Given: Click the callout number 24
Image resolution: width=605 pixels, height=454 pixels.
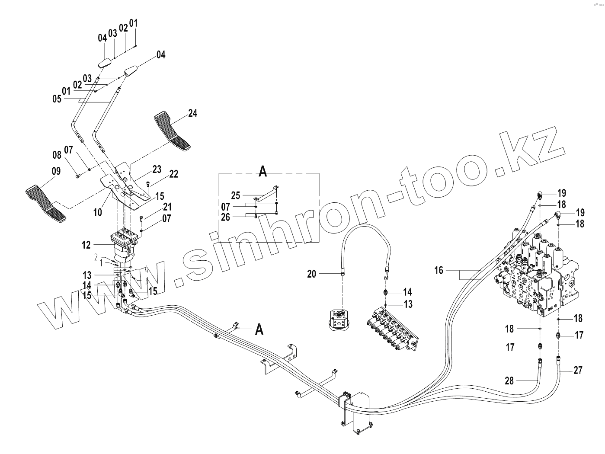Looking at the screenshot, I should click(192, 113).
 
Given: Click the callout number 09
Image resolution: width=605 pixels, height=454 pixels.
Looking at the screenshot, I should click(56, 171).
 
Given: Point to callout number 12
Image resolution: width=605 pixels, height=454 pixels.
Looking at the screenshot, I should click(86, 245).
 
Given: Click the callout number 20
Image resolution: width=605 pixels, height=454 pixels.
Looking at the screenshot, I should click(312, 273).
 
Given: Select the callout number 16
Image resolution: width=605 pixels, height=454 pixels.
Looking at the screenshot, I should click(439, 271).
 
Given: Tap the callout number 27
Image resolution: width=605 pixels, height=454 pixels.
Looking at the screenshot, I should click(578, 370).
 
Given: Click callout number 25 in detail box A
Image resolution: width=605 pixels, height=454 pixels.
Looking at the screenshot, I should click(236, 196).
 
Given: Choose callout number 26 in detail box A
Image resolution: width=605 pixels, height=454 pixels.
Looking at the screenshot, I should click(226, 217).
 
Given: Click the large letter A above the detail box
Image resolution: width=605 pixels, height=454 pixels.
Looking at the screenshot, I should click(262, 172).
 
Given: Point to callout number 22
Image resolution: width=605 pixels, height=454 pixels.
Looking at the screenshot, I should click(173, 174).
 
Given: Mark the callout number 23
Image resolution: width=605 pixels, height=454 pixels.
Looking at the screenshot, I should click(157, 169).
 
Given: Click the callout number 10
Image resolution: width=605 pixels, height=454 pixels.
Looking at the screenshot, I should click(98, 212).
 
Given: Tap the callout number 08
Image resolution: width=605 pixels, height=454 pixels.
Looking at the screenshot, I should click(57, 154).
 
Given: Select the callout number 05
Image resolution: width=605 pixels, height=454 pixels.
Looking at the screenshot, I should click(57, 99).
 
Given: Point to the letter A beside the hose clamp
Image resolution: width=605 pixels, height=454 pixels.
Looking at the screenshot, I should click(259, 329).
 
